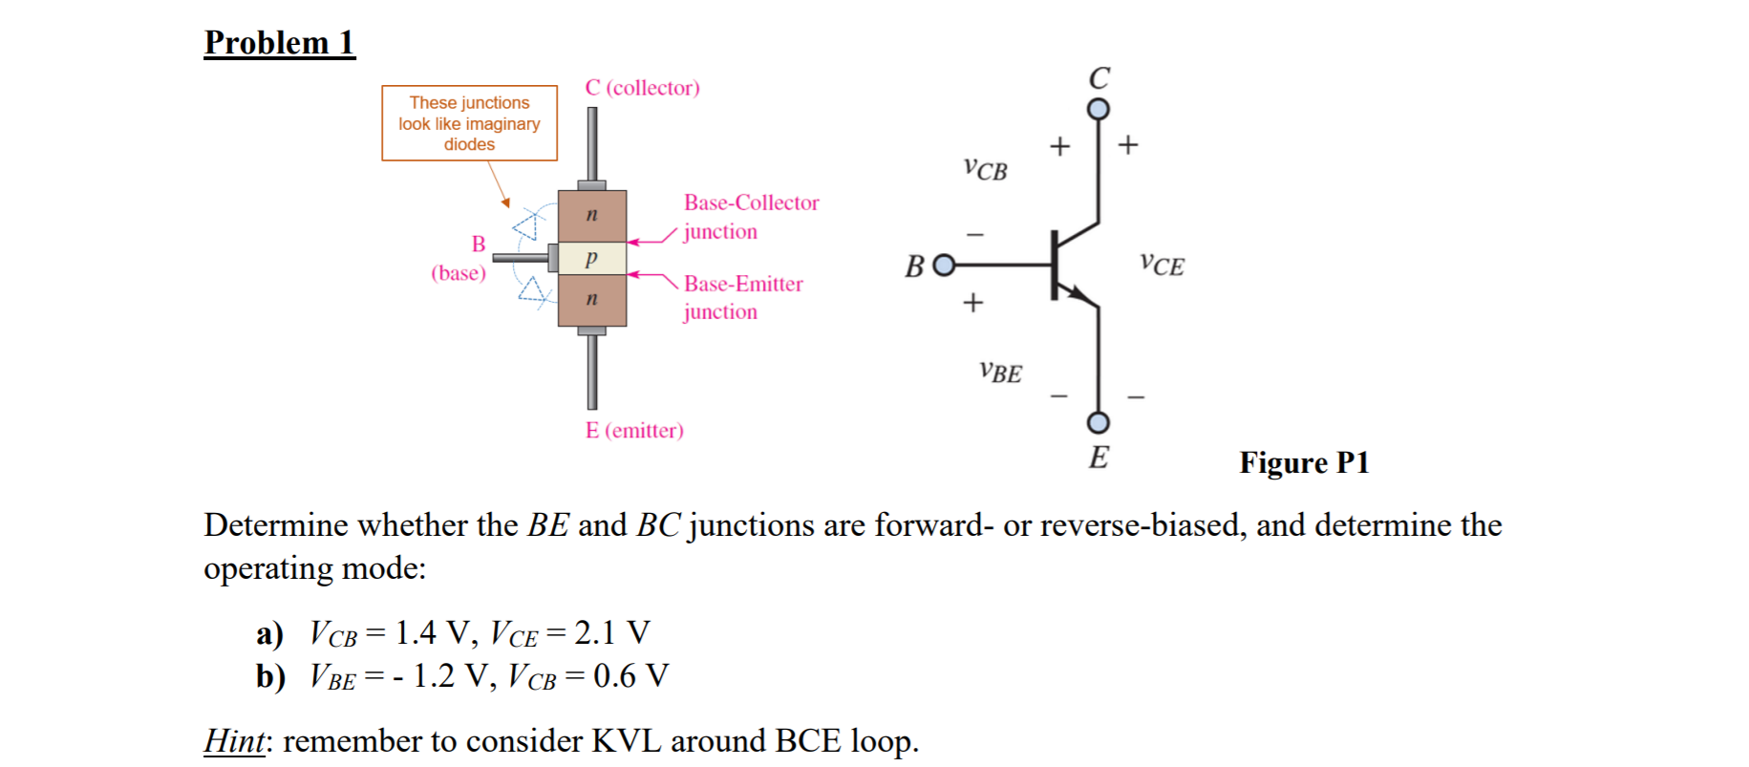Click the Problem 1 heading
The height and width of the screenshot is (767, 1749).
(279, 43)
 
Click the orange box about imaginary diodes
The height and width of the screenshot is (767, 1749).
(469, 123)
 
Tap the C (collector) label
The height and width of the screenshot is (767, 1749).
(642, 88)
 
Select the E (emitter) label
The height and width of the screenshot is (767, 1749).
(634, 431)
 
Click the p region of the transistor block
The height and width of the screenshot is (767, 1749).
(592, 257)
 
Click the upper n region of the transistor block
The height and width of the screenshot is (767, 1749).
(592, 215)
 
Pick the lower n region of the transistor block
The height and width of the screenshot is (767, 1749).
(592, 299)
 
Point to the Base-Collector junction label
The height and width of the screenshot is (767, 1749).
(751, 217)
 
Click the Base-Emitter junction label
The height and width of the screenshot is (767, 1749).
(743, 297)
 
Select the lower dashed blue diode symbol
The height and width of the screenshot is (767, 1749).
(531, 289)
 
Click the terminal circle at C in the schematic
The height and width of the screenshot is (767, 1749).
(1099, 109)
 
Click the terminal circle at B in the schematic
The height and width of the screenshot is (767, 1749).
(943, 265)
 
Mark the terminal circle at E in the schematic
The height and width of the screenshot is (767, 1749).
(1099, 422)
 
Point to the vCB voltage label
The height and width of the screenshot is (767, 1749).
(985, 169)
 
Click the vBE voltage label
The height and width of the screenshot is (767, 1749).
(1000, 372)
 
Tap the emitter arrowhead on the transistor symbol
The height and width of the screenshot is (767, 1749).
(1082, 296)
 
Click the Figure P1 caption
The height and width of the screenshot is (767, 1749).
(1304, 463)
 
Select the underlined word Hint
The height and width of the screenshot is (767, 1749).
(234, 741)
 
